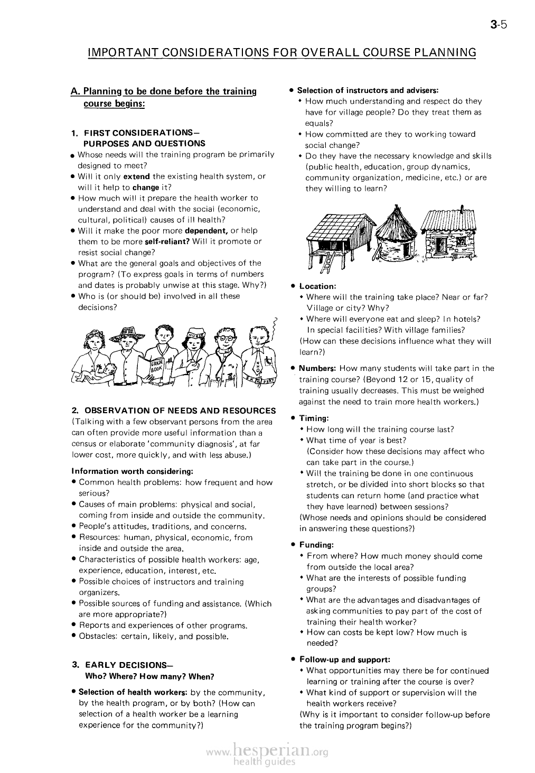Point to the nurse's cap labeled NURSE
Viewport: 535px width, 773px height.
coord(196,335)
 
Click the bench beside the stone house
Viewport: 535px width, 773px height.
coord(463,256)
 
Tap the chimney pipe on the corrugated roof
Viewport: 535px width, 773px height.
coord(461,210)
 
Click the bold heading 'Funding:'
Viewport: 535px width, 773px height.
coord(316,545)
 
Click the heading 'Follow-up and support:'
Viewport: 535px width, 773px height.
coord(345,659)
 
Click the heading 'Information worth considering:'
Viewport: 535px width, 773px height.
coord(132,471)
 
